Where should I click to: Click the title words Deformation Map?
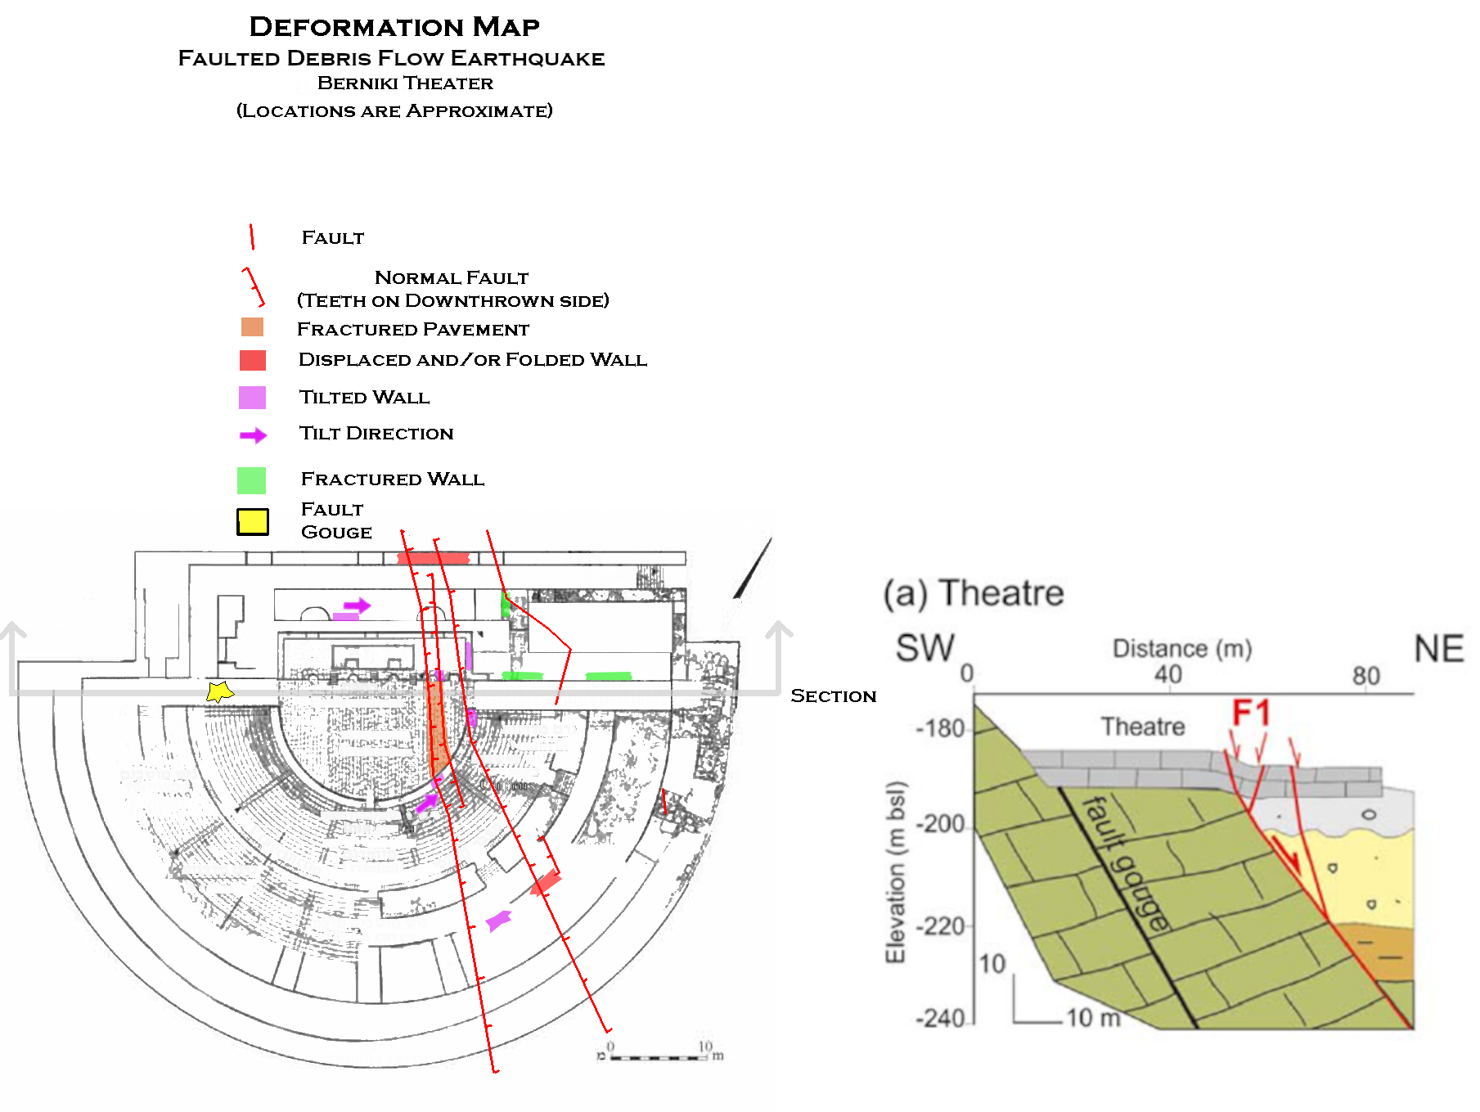394,27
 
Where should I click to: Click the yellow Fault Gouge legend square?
253,521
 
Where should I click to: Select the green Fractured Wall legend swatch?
251,480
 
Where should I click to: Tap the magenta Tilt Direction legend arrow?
253,435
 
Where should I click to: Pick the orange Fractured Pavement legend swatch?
252,327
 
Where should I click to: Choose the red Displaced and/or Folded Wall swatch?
252,360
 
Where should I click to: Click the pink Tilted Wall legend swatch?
252,398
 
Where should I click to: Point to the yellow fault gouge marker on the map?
218,692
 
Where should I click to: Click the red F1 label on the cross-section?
1251,713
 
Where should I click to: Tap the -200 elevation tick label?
941,824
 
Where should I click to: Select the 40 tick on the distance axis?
1167,674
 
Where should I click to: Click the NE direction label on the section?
1438,649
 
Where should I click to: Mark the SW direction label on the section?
924,649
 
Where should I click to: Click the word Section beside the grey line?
833,696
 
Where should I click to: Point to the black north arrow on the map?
753,569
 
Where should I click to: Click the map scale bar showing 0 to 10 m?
659,1057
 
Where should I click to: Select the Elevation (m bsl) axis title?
897,872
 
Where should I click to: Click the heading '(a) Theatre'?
973,592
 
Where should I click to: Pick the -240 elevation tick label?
941,1019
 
